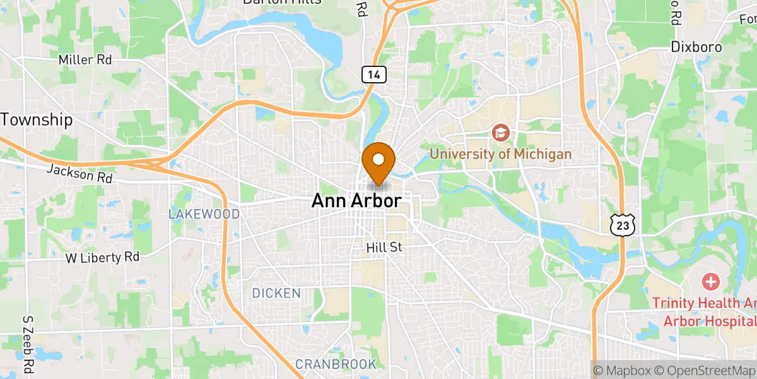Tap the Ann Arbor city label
point(356,202)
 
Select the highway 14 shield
point(374,75)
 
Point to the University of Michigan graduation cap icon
point(501,133)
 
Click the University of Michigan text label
point(500,154)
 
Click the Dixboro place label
point(696,47)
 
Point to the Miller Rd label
point(85,60)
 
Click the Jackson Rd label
point(79,174)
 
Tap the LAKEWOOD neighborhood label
point(204,214)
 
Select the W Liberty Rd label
point(102,258)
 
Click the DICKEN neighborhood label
point(276,294)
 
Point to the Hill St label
point(384,248)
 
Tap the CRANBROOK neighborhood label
point(336,364)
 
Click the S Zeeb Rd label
point(28,344)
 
